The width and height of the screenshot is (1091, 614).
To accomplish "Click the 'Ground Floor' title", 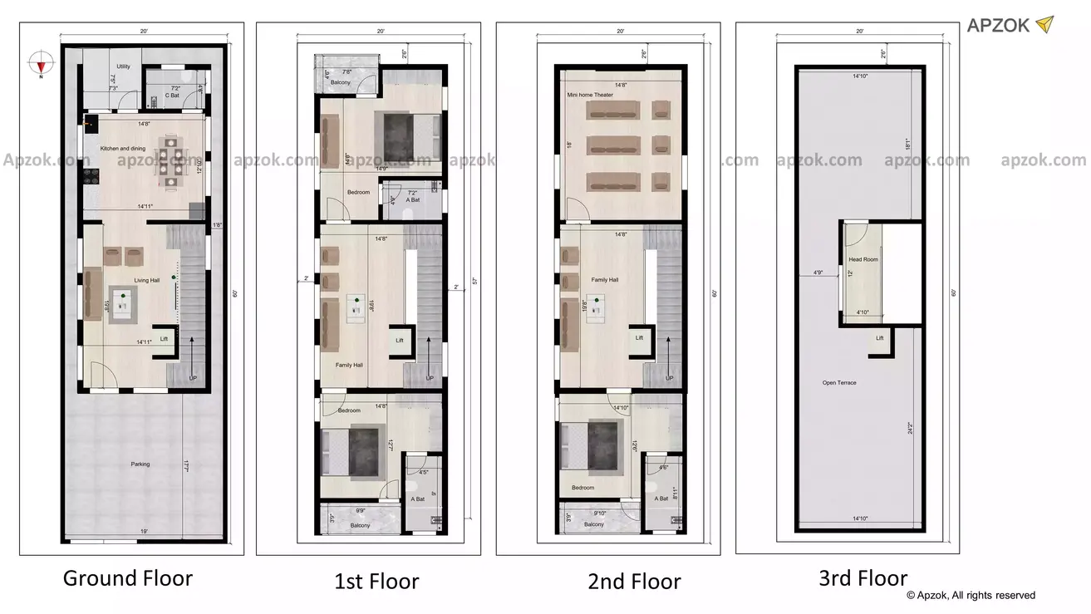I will (x=128, y=578).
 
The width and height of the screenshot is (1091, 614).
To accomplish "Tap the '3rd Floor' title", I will (x=864, y=578).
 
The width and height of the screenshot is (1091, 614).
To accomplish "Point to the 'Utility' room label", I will (x=123, y=66).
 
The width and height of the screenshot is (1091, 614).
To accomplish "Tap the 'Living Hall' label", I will (x=147, y=280).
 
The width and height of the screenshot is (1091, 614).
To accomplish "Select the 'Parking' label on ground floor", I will (x=140, y=464).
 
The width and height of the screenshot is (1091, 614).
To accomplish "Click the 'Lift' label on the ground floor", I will (x=164, y=338).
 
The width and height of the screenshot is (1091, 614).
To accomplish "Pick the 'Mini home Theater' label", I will (x=590, y=96).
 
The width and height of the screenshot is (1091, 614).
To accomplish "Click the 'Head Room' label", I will (x=863, y=259).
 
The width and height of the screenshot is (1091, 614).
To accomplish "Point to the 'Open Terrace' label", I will (x=839, y=383).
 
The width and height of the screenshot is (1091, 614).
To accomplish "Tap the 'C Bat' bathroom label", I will (x=173, y=96).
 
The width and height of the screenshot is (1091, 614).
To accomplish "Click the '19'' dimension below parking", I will (x=144, y=529).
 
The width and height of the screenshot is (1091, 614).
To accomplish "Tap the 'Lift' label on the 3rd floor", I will (x=880, y=338).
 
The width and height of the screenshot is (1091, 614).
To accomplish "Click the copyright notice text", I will (x=971, y=595).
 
